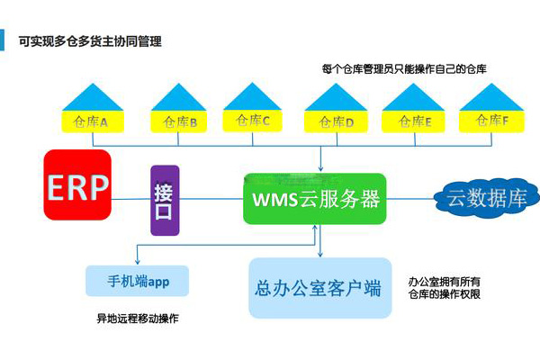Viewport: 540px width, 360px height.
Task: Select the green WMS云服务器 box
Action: (314, 198)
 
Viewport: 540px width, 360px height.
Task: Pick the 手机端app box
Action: (139, 281)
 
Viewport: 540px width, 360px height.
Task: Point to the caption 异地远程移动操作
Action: (137, 319)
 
